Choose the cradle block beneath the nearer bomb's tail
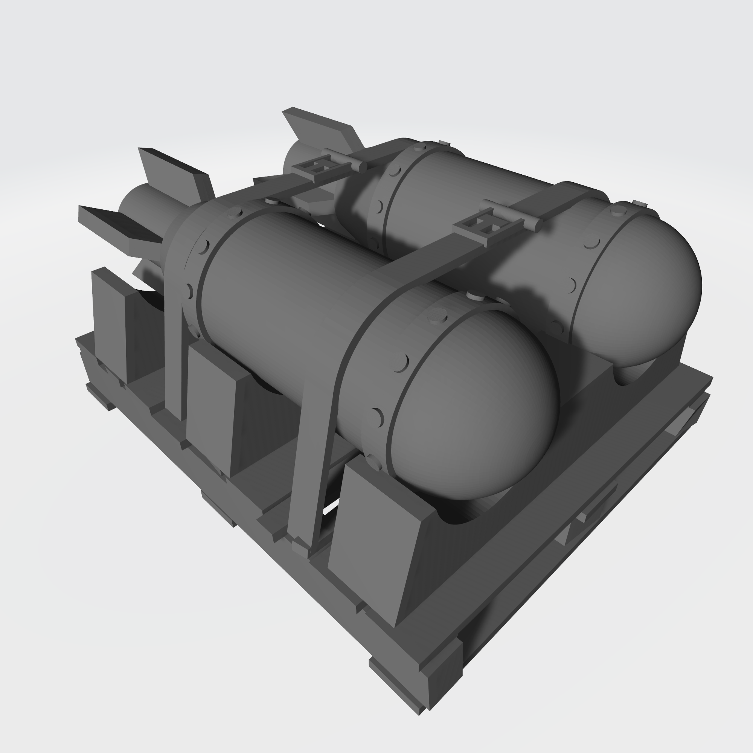click(x=111, y=323)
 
